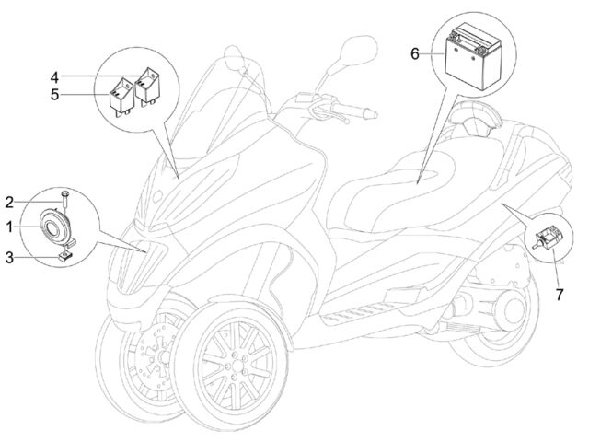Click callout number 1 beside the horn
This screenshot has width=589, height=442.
pyautogui.click(x=9, y=227)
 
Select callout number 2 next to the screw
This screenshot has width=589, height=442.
pyautogui.click(x=9, y=203)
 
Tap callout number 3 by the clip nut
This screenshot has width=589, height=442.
pyautogui.click(x=9, y=258)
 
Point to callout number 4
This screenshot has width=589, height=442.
pyautogui.click(x=55, y=77)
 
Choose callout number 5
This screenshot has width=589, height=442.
pyautogui.click(x=55, y=95)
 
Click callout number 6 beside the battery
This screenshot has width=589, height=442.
pyautogui.click(x=415, y=54)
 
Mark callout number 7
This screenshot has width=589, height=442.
pyautogui.click(x=560, y=295)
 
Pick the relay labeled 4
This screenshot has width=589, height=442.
pyautogui.click(x=147, y=86)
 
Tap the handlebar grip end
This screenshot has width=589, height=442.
pyautogui.click(x=370, y=112)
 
